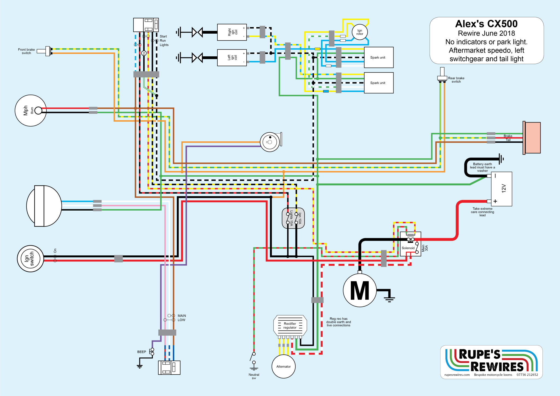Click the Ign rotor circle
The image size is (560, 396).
(x=360, y=32)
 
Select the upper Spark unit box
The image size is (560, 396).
(x=379, y=57)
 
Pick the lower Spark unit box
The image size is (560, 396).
(x=379, y=83)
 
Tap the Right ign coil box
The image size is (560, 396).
(x=232, y=32)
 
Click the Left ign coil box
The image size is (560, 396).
(x=232, y=57)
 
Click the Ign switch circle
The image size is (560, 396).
(x=30, y=258)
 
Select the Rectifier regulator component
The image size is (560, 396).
(x=290, y=325)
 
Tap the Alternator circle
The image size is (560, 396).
(x=284, y=366)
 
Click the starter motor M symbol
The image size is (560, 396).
(x=360, y=290)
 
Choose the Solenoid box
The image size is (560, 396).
(x=410, y=244)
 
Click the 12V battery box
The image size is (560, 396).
(x=501, y=189)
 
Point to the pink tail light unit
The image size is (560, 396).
(x=532, y=138)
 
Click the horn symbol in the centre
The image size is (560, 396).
(x=270, y=142)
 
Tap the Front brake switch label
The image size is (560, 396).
(x=26, y=51)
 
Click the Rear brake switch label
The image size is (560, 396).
(x=456, y=80)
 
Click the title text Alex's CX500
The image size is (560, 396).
(x=486, y=24)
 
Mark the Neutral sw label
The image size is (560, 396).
(x=254, y=376)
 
